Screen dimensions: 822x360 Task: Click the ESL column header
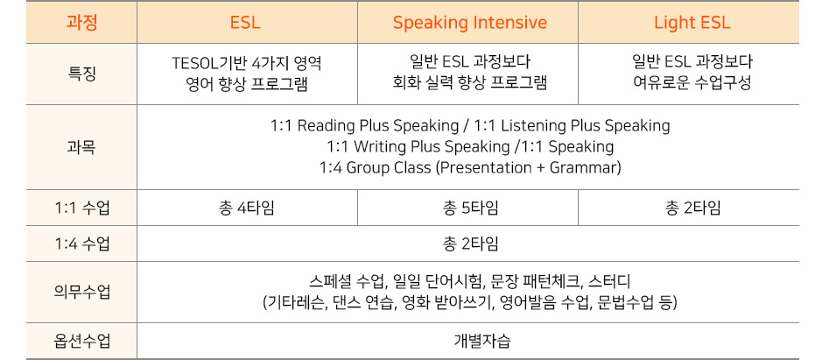click(x=245, y=23)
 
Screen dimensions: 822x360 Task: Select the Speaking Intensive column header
click(x=470, y=23)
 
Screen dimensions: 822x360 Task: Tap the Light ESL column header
click(x=692, y=23)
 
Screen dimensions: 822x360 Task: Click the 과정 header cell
click(x=81, y=23)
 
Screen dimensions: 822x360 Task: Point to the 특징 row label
click(x=81, y=74)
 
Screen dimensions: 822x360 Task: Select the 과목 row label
click(x=81, y=147)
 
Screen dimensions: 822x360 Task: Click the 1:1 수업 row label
click(x=81, y=208)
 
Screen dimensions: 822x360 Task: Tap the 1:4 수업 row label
click(x=81, y=244)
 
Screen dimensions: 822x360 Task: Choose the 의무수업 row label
click(x=81, y=293)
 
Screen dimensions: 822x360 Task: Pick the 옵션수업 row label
click(x=81, y=342)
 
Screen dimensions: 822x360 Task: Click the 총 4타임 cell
click(x=246, y=208)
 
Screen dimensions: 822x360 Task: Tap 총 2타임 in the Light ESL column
click(x=692, y=208)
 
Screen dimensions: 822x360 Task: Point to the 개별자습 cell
click(x=481, y=342)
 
